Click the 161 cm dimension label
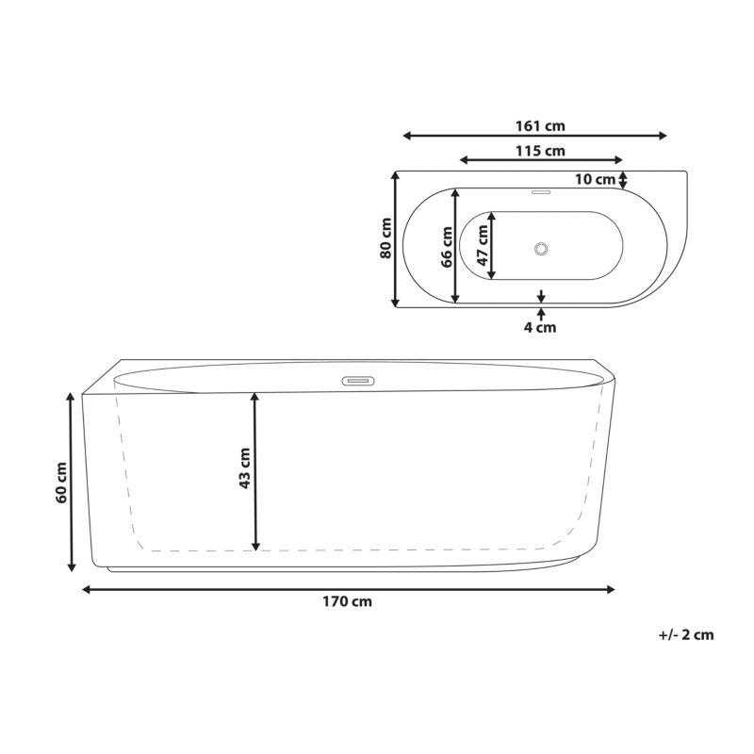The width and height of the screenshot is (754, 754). (x=540, y=126)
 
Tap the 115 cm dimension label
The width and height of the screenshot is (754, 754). (x=540, y=151)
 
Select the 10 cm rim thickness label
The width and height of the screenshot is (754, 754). (x=596, y=179)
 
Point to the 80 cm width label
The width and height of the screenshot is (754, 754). (x=385, y=238)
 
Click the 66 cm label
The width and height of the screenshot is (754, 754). (x=447, y=247)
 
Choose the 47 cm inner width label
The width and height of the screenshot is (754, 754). (x=483, y=245)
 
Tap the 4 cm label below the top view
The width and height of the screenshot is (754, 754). (x=539, y=327)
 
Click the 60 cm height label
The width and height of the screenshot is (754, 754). (x=61, y=483)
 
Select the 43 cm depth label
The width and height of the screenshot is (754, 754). (x=245, y=468)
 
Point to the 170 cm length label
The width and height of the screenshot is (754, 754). (x=347, y=601)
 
